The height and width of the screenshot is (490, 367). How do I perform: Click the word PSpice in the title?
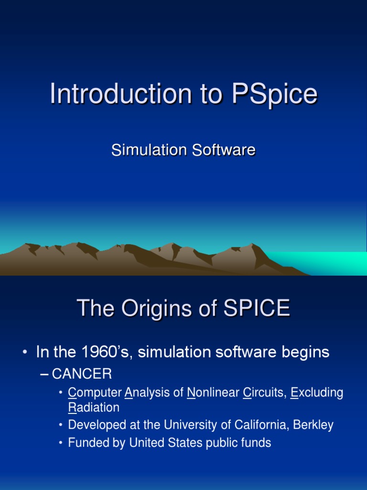coord(274,94)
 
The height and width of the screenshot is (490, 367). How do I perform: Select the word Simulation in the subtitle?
coord(149,150)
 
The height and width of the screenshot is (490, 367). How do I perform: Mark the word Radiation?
coord(94,408)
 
